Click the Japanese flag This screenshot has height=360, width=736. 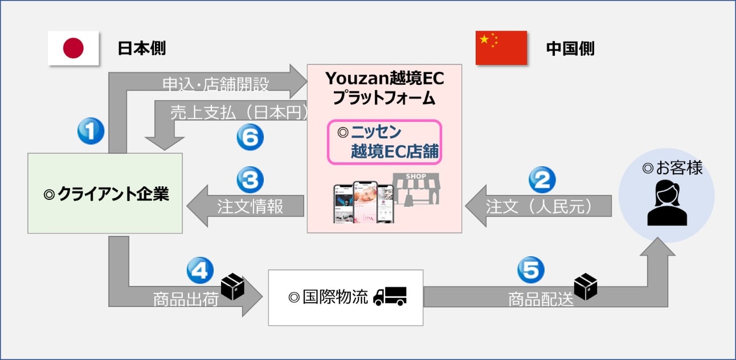coord(73,48)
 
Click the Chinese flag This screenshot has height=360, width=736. coord(501,48)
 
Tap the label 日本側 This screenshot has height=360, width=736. coord(142,48)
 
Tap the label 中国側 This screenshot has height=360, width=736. coord(570,48)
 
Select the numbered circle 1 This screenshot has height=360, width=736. coord(91,132)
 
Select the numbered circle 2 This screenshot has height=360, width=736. coord(542,179)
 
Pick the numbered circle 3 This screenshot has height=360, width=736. coord(250,179)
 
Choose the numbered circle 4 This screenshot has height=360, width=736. coord(200,270)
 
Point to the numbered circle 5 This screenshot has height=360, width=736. coord(530,270)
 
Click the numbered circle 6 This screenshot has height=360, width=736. coord(250,138)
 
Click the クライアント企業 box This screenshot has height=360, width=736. coord(105,193)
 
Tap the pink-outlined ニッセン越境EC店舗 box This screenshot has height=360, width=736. coord(385,142)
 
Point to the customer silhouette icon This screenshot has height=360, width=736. coord(667,203)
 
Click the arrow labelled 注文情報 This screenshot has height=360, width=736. coord(245,206)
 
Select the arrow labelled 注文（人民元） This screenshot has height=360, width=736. coord(538,206)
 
